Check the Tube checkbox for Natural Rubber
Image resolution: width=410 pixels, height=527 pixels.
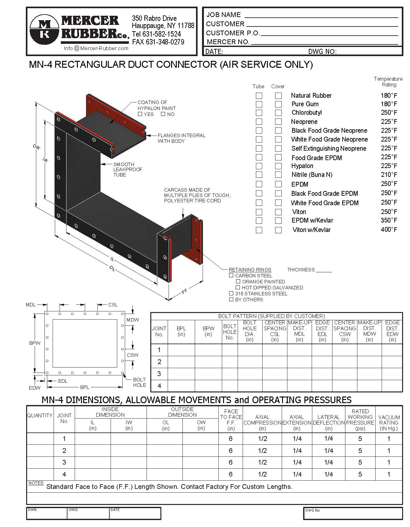pos(259,96)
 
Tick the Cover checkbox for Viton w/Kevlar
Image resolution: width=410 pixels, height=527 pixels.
pos(278,230)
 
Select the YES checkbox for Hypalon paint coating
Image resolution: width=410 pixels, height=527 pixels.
pos(140,114)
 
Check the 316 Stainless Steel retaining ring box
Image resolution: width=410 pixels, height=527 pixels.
pos(231,293)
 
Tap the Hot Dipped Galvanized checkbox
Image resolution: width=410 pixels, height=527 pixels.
pos(238,287)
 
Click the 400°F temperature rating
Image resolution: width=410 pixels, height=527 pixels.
pos(389,229)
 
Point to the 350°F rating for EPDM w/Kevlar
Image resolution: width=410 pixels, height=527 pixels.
pos(389,220)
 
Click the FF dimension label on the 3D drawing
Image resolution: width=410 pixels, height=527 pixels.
pos(185,292)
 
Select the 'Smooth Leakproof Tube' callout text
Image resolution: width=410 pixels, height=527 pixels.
pos(128,169)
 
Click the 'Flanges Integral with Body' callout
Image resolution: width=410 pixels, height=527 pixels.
pos(181,138)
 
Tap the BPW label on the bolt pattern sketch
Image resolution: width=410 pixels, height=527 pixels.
pos(35,343)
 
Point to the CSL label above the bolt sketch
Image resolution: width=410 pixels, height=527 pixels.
pos(113,304)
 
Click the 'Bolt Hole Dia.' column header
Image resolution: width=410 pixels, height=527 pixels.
pos(250,331)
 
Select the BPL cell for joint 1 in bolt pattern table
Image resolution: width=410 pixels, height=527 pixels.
pos(181,350)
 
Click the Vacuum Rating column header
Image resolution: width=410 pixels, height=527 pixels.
pos(389,422)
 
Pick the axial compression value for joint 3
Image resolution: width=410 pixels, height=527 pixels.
pos(262,462)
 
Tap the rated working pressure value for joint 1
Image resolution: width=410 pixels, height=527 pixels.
pos(360,439)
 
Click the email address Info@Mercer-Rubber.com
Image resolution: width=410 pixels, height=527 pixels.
pos(96,48)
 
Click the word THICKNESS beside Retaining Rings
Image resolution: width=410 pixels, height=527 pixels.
pos(301,270)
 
